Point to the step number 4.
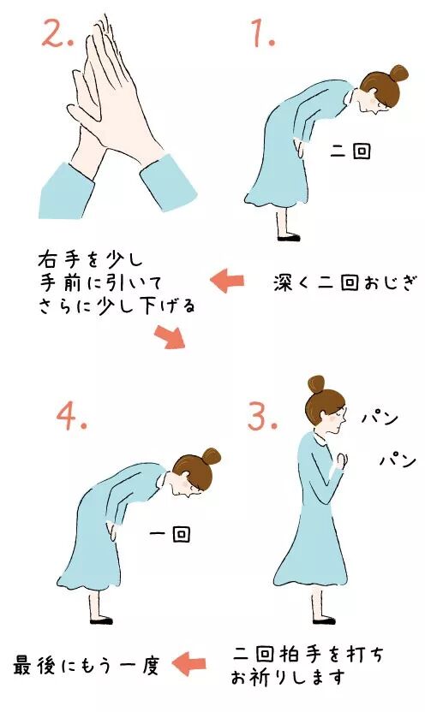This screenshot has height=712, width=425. click(72, 417)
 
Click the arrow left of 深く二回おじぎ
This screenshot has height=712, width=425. click(227, 280)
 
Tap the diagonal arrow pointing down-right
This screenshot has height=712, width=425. click(171, 335)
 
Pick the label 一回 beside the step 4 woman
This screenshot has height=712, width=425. click(170, 535)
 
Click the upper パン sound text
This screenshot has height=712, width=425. click(380, 418)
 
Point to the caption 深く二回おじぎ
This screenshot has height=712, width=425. click(345, 282)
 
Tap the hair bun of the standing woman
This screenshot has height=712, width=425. click(316, 384)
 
